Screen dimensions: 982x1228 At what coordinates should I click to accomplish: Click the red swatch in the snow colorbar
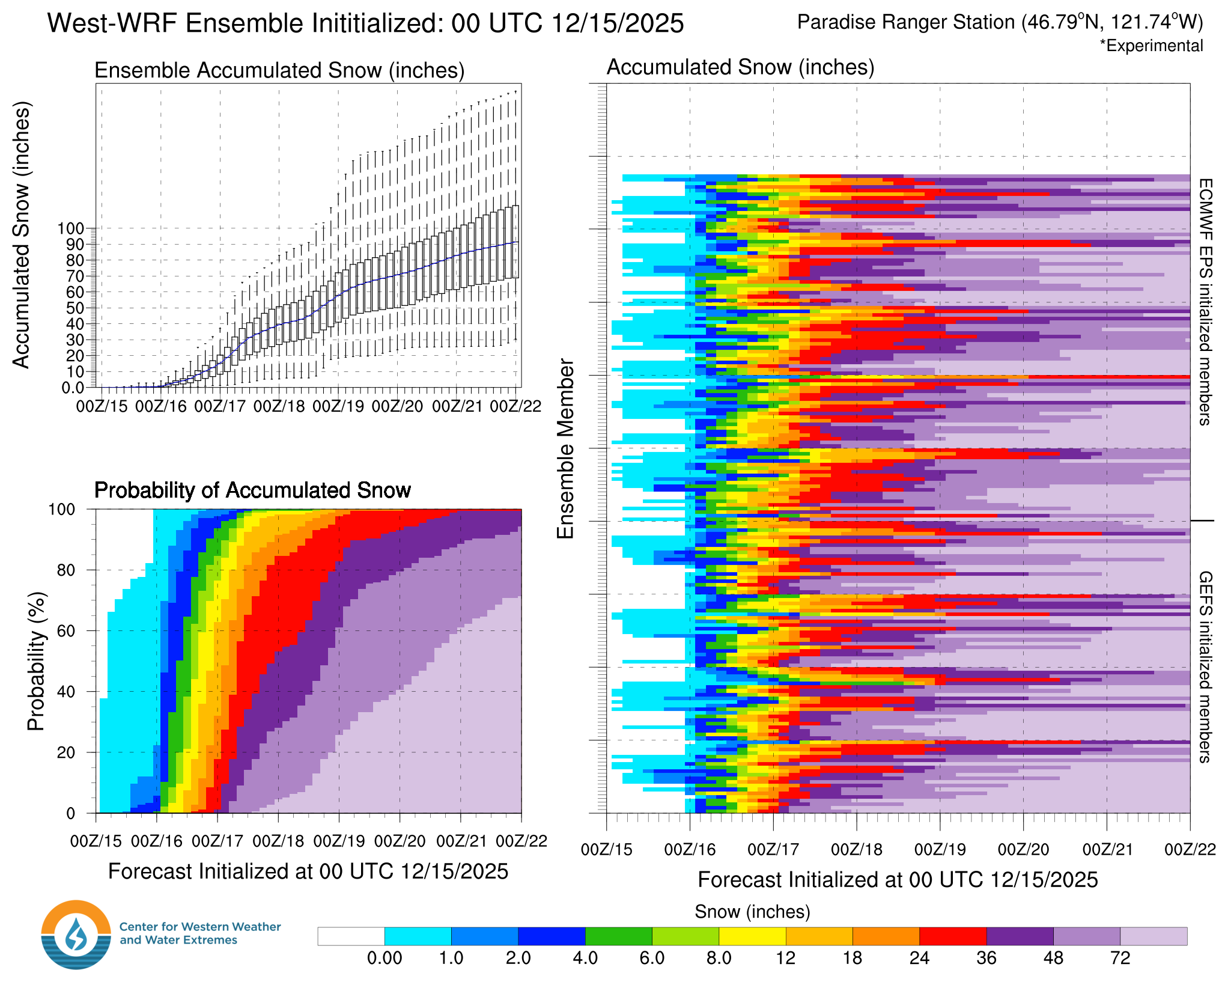click(953, 936)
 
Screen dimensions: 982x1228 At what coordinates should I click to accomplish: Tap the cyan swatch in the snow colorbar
click(418, 936)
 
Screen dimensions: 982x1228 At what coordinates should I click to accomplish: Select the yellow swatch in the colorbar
click(752, 936)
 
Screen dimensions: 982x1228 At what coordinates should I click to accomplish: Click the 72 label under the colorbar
click(1120, 958)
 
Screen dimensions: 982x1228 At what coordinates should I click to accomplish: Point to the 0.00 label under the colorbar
click(385, 958)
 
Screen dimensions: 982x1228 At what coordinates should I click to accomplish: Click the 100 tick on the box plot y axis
click(70, 228)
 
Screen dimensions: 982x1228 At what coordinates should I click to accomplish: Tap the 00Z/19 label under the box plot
click(338, 407)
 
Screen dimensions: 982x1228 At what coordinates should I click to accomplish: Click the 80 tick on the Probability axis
click(65, 570)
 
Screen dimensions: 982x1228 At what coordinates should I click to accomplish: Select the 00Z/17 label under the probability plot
click(217, 841)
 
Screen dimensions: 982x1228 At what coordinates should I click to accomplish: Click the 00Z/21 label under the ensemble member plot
click(1107, 850)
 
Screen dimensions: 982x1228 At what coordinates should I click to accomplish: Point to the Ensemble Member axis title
click(565, 448)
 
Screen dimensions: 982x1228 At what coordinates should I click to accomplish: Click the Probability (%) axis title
click(36, 661)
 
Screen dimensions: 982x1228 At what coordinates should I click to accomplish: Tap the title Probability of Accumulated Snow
click(252, 490)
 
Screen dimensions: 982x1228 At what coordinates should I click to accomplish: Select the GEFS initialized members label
click(1205, 666)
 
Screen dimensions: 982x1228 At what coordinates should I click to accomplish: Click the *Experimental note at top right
click(1151, 46)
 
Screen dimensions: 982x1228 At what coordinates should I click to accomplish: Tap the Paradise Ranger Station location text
click(1000, 22)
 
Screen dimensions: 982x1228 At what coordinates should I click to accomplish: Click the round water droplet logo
click(76, 935)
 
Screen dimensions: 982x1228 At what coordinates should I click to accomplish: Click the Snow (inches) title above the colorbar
click(752, 912)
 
